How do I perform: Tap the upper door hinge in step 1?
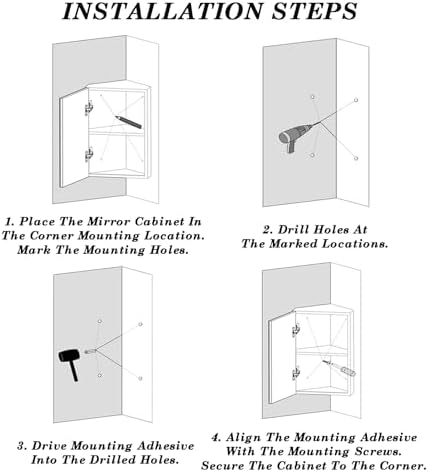(x=91, y=105)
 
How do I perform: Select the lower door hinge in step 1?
(x=91, y=153)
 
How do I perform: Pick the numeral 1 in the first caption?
(x=9, y=220)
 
